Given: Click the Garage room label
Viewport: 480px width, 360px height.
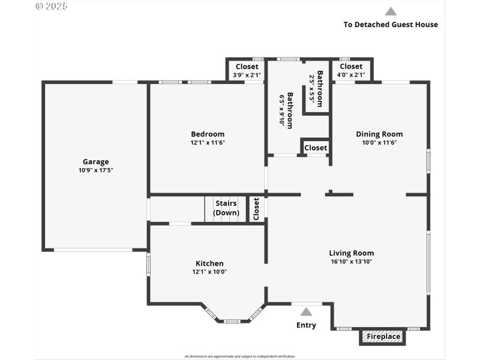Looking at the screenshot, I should [x=95, y=161].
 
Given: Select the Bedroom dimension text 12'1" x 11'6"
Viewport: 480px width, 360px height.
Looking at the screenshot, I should [x=208, y=143].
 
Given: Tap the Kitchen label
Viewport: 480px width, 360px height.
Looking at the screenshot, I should [x=209, y=263].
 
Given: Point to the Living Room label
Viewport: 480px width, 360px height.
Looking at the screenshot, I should [x=351, y=253].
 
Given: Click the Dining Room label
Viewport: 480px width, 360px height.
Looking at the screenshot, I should [x=379, y=134].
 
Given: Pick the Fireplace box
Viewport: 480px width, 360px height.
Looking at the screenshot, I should [x=383, y=337].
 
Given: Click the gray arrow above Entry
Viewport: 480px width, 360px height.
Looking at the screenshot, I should [x=306, y=311].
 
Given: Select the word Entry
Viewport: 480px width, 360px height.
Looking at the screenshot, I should [x=306, y=325].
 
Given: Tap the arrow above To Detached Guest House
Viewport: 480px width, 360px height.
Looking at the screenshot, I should [x=391, y=11].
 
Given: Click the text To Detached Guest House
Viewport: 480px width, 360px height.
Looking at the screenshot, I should [x=391, y=25].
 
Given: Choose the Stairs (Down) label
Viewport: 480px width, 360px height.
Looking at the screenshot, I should [x=226, y=208].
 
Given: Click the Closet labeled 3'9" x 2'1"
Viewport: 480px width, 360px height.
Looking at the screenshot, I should [x=247, y=67].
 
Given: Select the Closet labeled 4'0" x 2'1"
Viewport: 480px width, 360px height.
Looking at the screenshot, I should [x=351, y=67].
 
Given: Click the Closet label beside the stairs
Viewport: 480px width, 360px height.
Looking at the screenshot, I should [x=256, y=209].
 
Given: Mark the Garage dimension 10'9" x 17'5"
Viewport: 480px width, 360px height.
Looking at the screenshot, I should [x=95, y=170].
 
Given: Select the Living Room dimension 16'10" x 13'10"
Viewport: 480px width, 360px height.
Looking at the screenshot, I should [x=351, y=262].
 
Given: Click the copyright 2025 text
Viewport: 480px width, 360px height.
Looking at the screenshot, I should [x=52, y=6].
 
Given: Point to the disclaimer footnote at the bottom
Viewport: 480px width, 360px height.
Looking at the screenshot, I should [x=239, y=356].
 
